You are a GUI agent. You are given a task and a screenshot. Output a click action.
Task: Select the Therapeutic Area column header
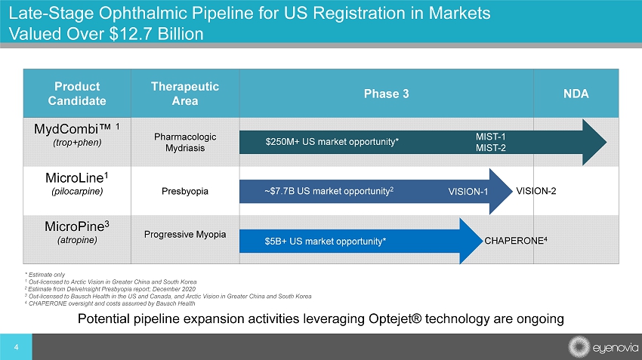click(x=185, y=93)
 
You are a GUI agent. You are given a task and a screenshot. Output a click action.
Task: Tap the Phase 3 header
click(x=386, y=94)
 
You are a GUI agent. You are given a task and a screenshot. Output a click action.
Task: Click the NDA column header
click(x=576, y=94)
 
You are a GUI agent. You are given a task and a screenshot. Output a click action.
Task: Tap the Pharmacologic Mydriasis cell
click(x=185, y=142)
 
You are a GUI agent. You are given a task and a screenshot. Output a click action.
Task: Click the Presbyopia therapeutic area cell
click(x=185, y=190)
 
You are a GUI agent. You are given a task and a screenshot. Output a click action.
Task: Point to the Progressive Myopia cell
click(x=185, y=235)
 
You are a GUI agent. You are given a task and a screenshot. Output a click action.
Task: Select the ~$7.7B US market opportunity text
click(x=329, y=190)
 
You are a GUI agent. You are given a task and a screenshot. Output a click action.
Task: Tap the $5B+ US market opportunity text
click(x=326, y=242)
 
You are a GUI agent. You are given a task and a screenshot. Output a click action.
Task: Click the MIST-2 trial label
click(x=490, y=148)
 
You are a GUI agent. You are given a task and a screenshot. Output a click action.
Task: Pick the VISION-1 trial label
click(x=468, y=191)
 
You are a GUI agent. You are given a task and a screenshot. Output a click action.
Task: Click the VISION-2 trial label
click(x=536, y=189)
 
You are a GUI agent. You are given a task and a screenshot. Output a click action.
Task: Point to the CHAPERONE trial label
click(x=515, y=241)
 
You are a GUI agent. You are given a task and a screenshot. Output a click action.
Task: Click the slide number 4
click(x=17, y=348)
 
